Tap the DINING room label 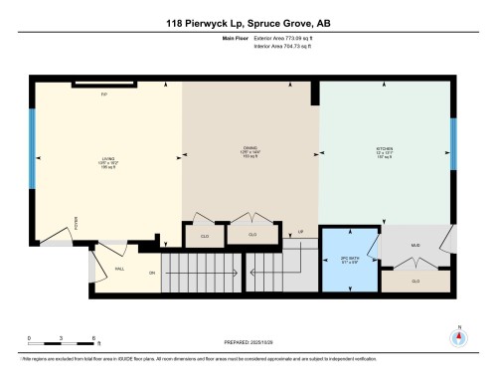pyautogui.click(x=249, y=152)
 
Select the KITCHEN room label pyautogui.click(x=385, y=152)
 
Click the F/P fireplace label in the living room pyautogui.click(x=102, y=94)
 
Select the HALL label pyautogui.click(x=119, y=269)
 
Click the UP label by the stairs pyautogui.click(x=299, y=232)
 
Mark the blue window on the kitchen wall pyautogui.click(x=453, y=148)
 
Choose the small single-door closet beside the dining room pyautogui.click(x=204, y=236)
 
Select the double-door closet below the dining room pyautogui.click(x=251, y=236)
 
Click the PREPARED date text pyautogui.click(x=248, y=344)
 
